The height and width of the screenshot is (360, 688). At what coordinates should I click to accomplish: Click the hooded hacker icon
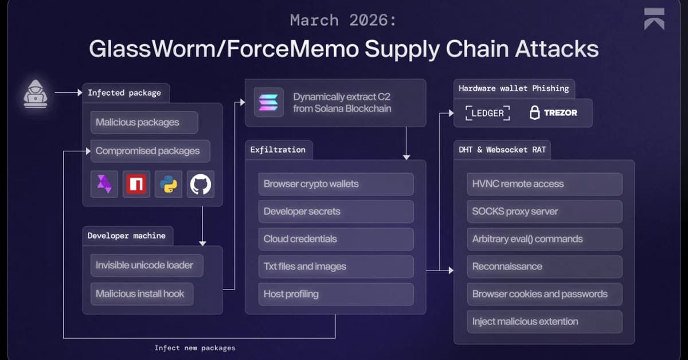[36, 94]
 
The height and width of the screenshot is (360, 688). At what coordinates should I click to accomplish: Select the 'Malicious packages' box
[144, 122]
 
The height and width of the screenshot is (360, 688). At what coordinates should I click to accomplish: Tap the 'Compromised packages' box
[150, 151]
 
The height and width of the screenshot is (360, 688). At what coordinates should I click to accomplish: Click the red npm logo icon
[136, 184]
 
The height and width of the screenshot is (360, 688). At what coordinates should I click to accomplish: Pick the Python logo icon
[169, 184]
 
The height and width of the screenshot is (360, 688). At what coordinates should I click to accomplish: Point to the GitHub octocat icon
[201, 184]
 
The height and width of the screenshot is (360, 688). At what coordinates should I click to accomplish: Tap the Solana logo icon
[268, 102]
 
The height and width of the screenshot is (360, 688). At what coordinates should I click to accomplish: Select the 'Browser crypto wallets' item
[335, 184]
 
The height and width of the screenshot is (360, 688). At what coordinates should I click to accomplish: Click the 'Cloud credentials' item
[335, 239]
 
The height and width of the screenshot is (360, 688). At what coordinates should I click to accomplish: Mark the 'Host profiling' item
[335, 294]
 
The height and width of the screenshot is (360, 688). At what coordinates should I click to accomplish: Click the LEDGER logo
[487, 113]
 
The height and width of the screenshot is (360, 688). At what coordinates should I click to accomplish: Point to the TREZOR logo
[553, 113]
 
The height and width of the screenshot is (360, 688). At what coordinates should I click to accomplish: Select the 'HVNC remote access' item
[544, 184]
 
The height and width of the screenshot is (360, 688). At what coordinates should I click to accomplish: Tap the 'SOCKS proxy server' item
[544, 212]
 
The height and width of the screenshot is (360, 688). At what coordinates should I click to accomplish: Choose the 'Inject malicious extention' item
[544, 322]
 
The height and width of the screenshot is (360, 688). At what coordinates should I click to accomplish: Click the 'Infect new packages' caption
[195, 348]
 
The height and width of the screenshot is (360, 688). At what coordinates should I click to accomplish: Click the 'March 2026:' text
[343, 20]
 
